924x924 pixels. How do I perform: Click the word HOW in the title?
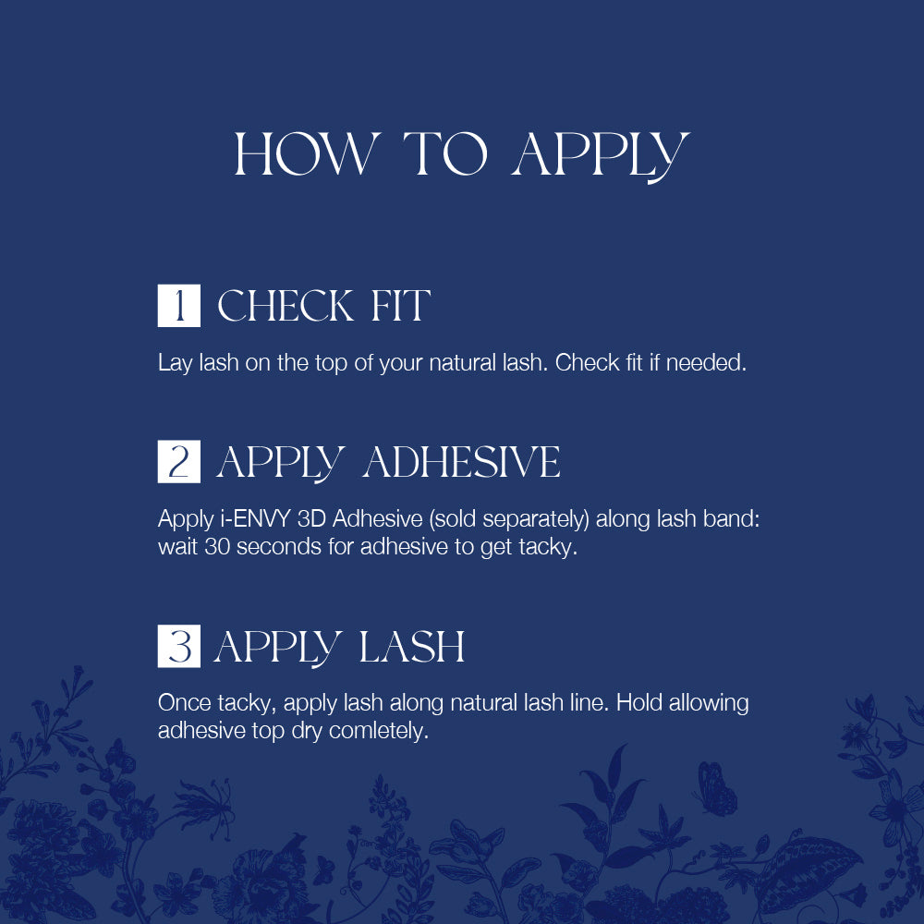(306, 153)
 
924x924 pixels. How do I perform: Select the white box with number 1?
(178, 305)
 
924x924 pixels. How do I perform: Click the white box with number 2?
(178, 461)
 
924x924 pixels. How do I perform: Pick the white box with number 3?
(178, 646)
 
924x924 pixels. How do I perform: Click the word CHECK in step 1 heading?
(286, 306)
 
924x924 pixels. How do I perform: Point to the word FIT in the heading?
(401, 306)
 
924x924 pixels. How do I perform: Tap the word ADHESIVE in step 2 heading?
(461, 462)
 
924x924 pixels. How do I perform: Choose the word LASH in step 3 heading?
(411, 647)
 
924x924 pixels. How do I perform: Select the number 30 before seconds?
(217, 547)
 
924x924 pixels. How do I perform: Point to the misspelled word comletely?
(378, 731)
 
